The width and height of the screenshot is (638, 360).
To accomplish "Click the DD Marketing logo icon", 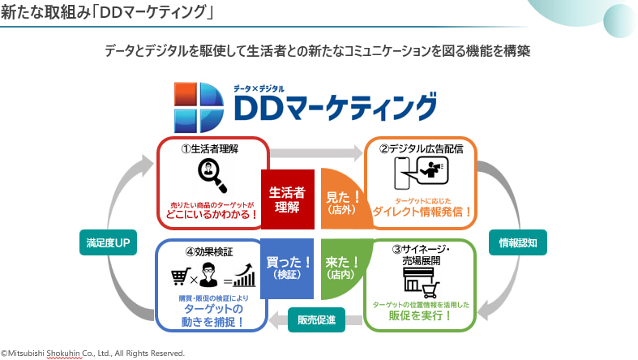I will [199, 106].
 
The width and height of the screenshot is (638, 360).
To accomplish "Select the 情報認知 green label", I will [517, 242].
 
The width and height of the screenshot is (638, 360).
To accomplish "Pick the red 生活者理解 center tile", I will [286, 199].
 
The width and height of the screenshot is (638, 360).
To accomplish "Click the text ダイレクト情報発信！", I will [422, 212].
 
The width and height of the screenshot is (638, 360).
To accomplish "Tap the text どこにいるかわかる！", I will [212, 214].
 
